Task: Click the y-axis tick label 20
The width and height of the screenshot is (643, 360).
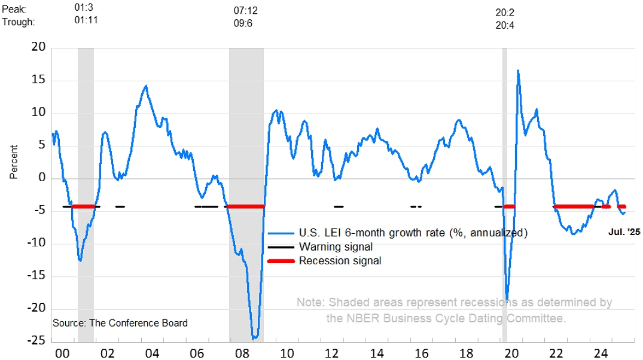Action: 38,48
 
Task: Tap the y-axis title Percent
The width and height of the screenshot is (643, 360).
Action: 14,162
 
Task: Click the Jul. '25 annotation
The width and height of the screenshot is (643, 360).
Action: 624,232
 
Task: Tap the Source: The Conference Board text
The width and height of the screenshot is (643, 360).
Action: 120,323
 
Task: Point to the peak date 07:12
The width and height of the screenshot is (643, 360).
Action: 245,11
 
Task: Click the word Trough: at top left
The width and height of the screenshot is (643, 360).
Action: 19,22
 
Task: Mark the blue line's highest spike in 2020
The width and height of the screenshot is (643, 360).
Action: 517,71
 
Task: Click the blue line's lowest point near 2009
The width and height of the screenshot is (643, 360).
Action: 254,338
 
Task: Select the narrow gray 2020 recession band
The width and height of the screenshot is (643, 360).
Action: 504,179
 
